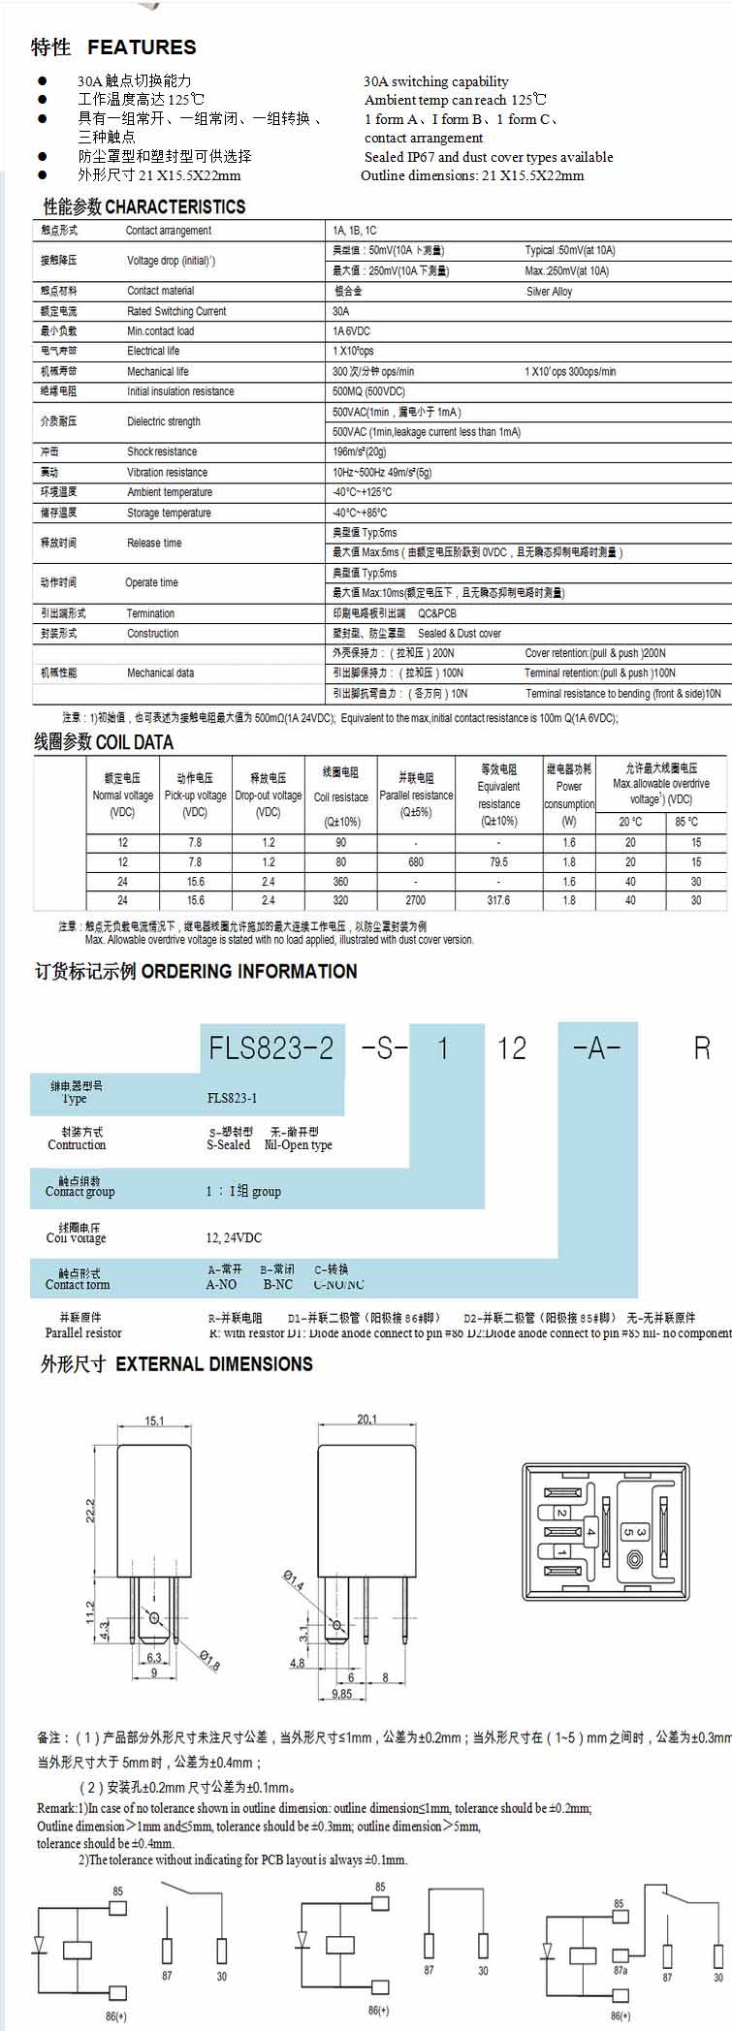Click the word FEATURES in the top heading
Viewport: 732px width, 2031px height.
[x=142, y=47]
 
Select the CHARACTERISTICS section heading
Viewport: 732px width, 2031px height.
[x=175, y=206]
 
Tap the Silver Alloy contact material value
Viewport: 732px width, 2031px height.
[x=550, y=291]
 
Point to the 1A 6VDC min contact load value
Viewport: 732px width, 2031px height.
[x=351, y=331]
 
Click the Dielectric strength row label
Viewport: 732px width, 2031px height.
[x=164, y=422]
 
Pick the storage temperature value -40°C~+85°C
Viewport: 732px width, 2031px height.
[x=360, y=513]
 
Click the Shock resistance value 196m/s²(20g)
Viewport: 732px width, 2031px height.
[x=360, y=452]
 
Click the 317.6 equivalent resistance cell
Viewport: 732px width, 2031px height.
[x=498, y=900]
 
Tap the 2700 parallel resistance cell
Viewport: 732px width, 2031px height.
[x=415, y=900]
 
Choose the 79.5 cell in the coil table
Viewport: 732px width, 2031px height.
[x=498, y=861]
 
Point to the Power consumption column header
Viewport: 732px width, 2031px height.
[x=569, y=795]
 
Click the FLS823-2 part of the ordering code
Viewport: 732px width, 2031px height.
[x=271, y=1047]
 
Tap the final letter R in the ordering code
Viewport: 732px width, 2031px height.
[x=702, y=1047]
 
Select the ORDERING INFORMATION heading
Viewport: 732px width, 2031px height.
[x=249, y=971]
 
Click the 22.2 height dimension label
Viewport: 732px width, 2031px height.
[x=90, y=1511]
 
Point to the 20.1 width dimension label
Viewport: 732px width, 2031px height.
[x=366, y=1420]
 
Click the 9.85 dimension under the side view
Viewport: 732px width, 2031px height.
[x=342, y=1694]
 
